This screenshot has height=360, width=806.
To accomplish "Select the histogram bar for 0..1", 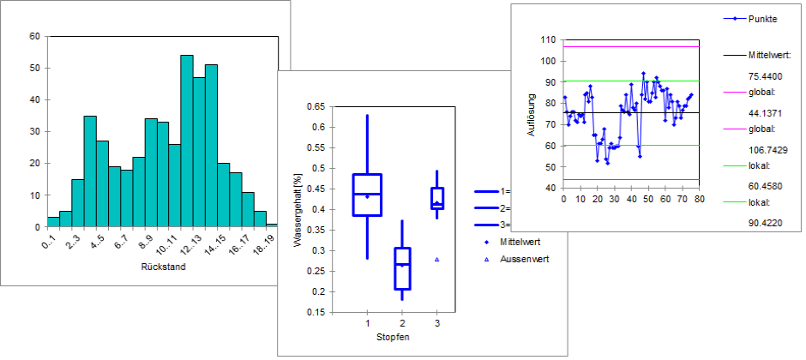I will click(x=53, y=222).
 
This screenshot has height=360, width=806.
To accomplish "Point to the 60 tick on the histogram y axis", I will click(x=34, y=37).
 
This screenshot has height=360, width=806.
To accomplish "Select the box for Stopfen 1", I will click(x=367, y=195).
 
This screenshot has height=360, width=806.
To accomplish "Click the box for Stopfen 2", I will click(x=402, y=268).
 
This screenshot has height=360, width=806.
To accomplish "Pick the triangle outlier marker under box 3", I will click(x=436, y=259).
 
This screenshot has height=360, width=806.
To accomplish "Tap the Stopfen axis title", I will click(x=393, y=337).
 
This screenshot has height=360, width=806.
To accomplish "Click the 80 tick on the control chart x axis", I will click(x=700, y=200).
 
